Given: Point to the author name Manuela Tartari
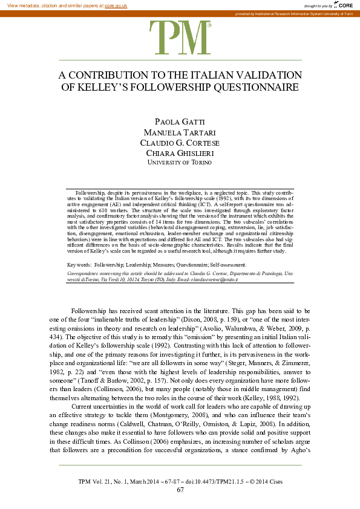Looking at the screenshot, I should (x=180, y=132).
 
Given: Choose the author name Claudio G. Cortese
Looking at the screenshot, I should (x=180, y=143).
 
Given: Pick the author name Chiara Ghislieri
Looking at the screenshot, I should (x=180, y=153).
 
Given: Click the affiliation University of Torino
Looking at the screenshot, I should (x=180, y=163).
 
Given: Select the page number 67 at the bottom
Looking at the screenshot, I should (x=180, y=490).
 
